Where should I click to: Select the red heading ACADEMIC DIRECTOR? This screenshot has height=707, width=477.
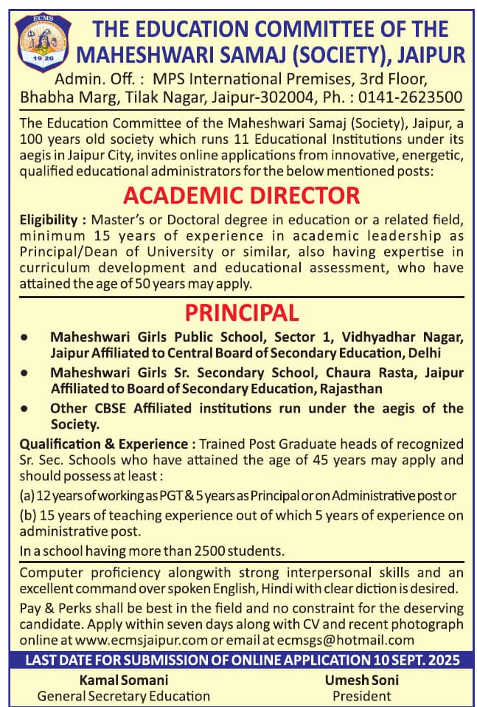pos(242,196)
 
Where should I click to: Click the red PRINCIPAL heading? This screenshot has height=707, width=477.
pos(242,312)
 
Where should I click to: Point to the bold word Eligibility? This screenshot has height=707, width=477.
pos(48,219)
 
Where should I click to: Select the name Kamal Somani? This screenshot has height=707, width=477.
pos(123,680)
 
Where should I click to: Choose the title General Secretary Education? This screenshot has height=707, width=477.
pos(123,695)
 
